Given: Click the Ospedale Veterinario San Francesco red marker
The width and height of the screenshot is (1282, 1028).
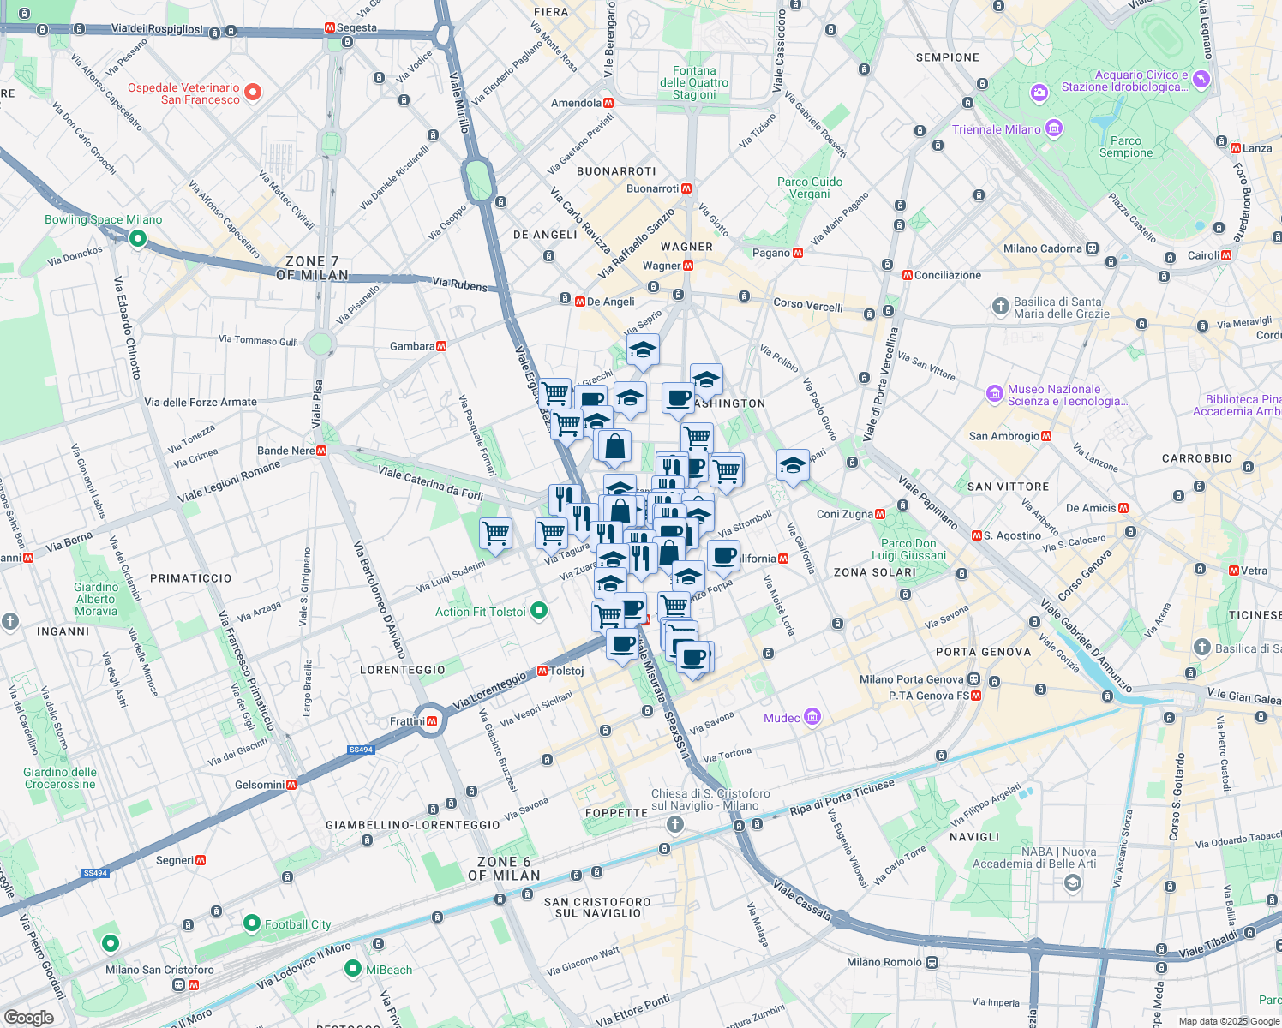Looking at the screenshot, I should [x=252, y=93].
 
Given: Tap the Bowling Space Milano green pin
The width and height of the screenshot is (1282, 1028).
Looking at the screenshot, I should [x=137, y=239].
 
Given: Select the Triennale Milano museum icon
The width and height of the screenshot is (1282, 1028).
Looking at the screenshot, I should [x=1054, y=129].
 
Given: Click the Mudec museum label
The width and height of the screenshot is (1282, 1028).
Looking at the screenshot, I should [x=782, y=718].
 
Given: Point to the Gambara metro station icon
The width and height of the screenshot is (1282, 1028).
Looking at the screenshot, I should [x=441, y=346].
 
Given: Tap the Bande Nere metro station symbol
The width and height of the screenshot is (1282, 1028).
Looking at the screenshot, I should [x=321, y=451].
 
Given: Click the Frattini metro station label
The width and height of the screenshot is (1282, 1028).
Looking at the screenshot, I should [x=407, y=721].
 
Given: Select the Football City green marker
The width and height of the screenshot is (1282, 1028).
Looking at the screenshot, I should [x=251, y=923].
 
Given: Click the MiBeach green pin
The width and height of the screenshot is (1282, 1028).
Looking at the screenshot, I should [x=352, y=969].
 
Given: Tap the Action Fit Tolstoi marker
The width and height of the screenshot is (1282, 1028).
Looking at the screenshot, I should [x=539, y=611].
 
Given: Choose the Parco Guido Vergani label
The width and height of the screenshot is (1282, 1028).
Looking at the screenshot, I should [x=810, y=188].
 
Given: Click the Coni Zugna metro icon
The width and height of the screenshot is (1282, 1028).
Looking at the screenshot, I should [x=880, y=514].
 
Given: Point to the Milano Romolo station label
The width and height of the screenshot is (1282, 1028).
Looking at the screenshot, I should [x=884, y=962].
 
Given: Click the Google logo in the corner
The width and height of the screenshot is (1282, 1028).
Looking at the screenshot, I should [x=28, y=1017].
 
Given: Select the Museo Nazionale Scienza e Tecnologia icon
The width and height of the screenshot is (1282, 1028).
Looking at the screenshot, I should [x=994, y=394].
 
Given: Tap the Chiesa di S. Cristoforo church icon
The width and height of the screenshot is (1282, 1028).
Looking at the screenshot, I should [x=675, y=825].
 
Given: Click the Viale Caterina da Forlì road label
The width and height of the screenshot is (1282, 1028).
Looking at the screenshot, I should [x=430, y=482].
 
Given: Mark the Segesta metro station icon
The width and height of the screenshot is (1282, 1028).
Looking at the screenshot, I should [x=330, y=28].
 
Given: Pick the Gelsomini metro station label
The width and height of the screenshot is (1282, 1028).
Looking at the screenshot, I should [x=260, y=785].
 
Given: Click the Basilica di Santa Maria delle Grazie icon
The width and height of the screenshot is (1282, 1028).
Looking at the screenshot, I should [x=1000, y=307].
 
